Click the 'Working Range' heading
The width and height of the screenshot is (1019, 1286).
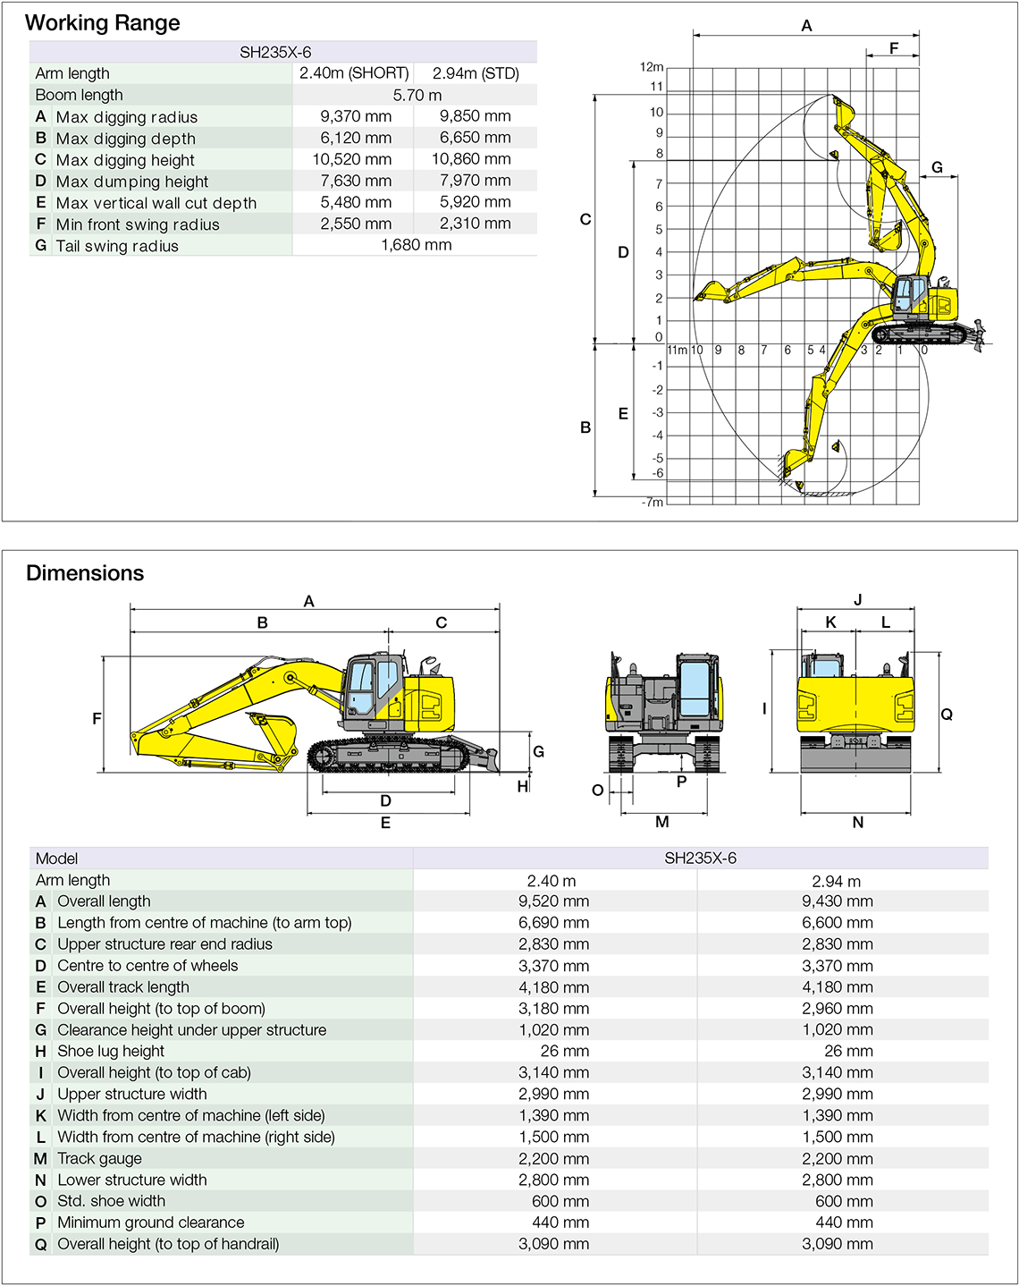coord(103,23)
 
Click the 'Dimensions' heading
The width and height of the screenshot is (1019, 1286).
coord(85,573)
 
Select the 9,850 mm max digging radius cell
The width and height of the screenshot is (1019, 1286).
coord(475,116)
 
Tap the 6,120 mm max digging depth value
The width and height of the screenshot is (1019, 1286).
coord(356,138)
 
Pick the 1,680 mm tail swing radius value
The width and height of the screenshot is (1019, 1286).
coord(416,245)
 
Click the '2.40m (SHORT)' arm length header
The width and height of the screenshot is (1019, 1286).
coord(354,73)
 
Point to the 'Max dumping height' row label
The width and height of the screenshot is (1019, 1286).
coord(132,182)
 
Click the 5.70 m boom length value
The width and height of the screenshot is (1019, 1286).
coord(417,95)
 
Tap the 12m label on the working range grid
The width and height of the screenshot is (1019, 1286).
coord(652,67)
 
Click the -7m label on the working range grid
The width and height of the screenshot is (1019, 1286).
coord(653,502)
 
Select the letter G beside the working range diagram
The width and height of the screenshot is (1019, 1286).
coord(937,167)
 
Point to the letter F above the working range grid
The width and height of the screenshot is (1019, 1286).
coord(894,48)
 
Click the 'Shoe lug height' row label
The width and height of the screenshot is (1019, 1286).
coord(111,1051)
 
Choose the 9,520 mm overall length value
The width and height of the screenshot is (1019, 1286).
coord(553,901)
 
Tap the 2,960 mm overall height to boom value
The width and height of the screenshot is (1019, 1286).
coord(837,1009)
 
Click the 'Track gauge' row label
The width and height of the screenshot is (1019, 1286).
coord(99,1158)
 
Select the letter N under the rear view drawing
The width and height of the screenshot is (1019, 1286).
coord(858,822)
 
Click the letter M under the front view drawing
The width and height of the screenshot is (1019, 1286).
coord(662,822)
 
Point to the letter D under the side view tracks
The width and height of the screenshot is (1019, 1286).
coord(386,800)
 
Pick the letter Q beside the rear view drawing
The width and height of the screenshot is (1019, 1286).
coord(947,714)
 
